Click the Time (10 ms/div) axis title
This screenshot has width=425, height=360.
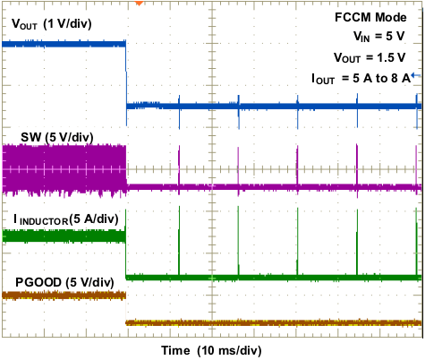pyautogui.click(x=212, y=348)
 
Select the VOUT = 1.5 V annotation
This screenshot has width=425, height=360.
pyautogui.click(x=376, y=57)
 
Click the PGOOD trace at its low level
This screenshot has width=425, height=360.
pyautogui.click(x=268, y=321)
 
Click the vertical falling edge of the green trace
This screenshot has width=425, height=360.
pyautogui.click(x=126, y=255)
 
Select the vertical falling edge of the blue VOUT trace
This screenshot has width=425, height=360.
pyautogui.click(x=126, y=76)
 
